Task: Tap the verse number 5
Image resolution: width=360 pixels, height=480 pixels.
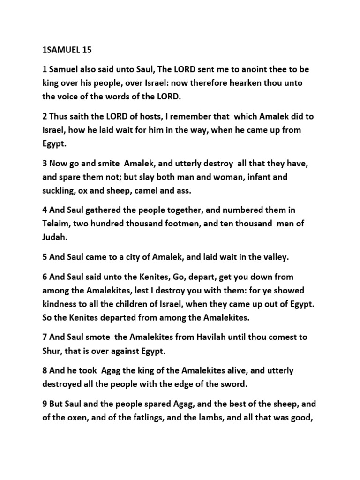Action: pos(45,257)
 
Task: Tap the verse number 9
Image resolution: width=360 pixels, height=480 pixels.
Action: pos(45,404)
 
